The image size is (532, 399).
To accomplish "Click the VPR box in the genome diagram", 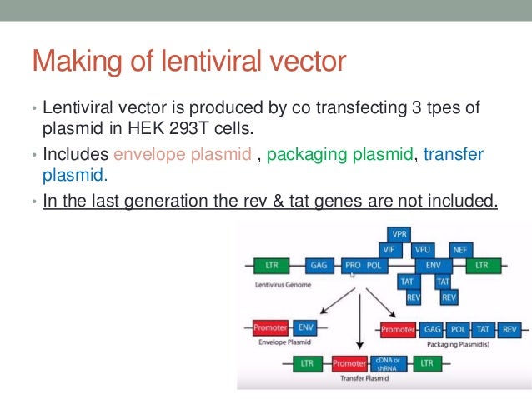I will (400, 234).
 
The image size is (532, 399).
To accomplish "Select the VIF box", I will (388, 249).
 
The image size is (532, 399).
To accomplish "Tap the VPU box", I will (423, 249).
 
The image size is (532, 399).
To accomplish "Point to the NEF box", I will (459, 249).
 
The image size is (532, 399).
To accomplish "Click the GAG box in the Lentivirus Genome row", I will (319, 265).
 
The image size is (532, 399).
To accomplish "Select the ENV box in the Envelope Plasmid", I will (306, 327).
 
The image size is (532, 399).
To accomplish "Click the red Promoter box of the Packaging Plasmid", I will (397, 329).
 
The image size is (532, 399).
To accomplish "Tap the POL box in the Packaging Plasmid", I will (458, 329).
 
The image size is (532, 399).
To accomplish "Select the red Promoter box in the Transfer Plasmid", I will (349, 363).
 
